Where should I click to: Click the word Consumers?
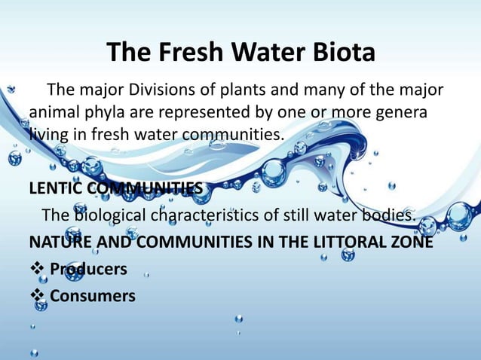pyautogui.click(x=93, y=296)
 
